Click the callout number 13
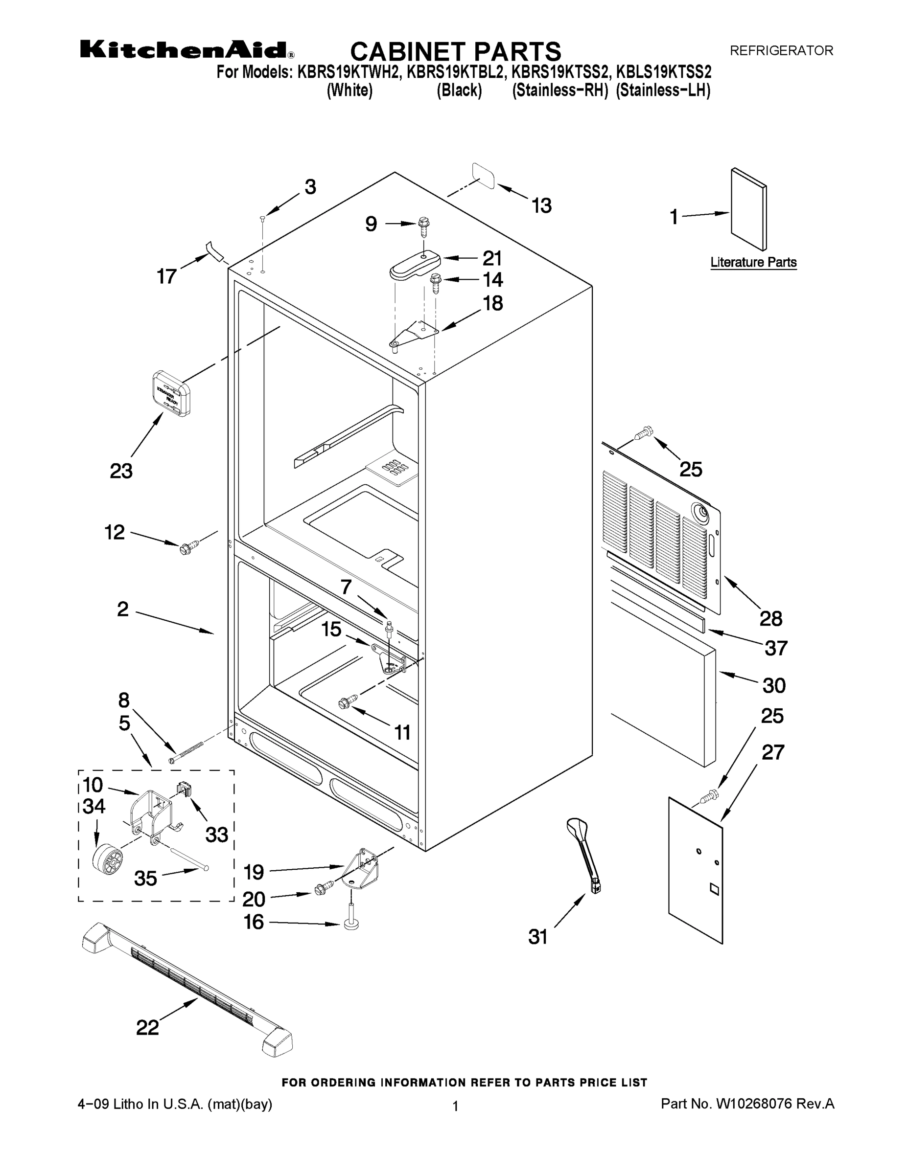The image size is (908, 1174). click(x=541, y=206)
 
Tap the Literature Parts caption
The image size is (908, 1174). click(x=753, y=262)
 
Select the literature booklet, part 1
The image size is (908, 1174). click(x=749, y=210)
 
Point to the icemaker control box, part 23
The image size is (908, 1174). click(x=170, y=393)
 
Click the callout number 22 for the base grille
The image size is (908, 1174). click(x=148, y=1027)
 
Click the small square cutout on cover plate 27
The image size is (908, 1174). click(x=714, y=889)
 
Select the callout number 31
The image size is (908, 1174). click(x=538, y=936)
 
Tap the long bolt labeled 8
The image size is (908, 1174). click(x=186, y=751)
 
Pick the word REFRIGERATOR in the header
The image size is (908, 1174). click(x=781, y=50)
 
